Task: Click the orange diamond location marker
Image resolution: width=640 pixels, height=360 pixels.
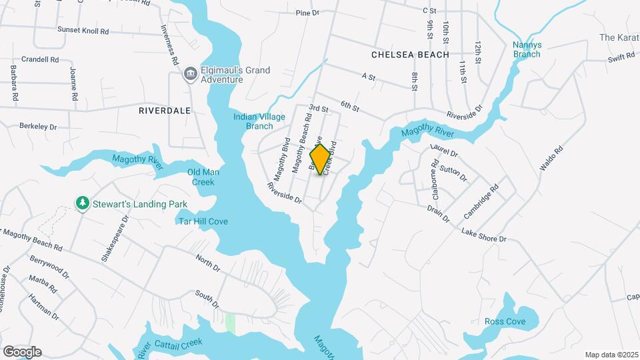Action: [x=321, y=159]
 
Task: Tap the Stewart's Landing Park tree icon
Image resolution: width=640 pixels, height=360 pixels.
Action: [x=83, y=203]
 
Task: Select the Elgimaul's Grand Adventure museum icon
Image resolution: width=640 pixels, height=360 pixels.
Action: [x=191, y=73]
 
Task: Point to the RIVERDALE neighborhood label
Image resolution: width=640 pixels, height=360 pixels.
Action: [x=165, y=110]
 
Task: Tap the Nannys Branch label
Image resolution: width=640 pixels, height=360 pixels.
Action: [x=527, y=49]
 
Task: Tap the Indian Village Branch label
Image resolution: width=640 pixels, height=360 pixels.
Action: [x=259, y=121]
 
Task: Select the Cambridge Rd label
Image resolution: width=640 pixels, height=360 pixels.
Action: [x=481, y=203]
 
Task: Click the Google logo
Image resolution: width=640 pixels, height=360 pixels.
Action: [x=22, y=351]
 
